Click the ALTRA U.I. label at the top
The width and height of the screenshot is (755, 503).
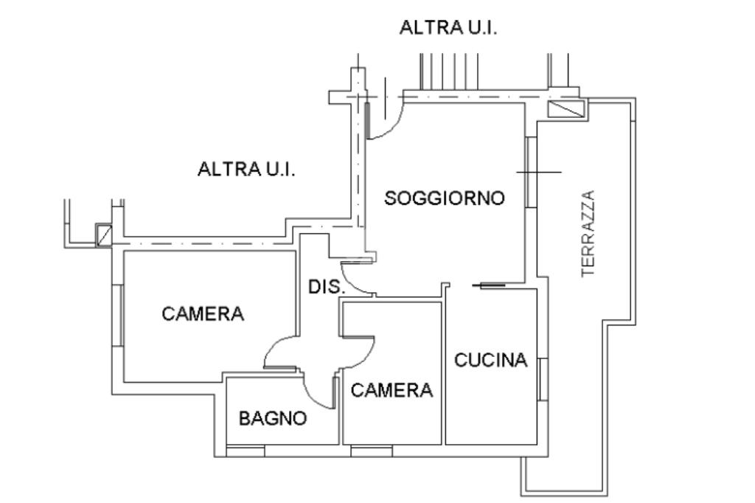(448, 28)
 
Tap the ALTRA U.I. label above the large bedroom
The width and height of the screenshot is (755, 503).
(246, 170)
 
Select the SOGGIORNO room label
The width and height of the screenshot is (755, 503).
(445, 198)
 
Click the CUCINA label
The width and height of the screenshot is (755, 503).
(491, 361)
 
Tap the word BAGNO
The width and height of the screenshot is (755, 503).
(273, 419)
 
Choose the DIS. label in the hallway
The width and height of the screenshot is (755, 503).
(326, 288)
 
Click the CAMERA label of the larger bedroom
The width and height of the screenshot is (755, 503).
(203, 314)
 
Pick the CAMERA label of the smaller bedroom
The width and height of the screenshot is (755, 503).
(392, 390)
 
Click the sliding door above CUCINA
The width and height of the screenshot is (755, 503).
(488, 285)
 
